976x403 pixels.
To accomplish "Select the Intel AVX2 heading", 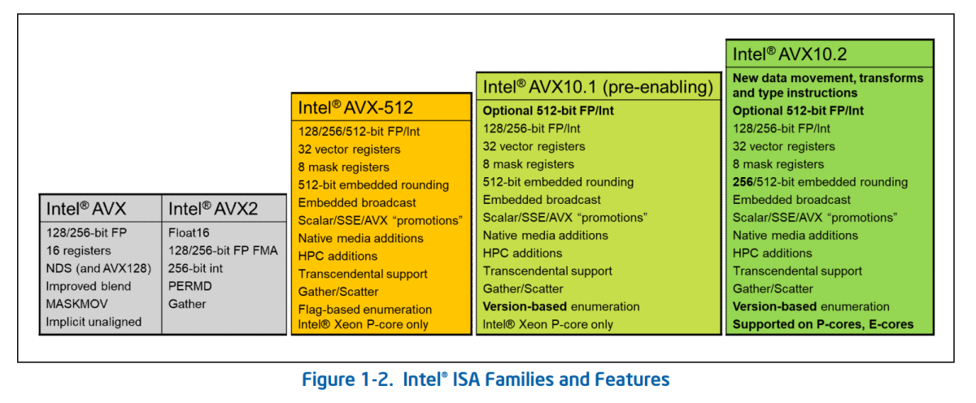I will tap(212, 209).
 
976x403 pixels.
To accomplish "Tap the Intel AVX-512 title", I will tap(355, 107).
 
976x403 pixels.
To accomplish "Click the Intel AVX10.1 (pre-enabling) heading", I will tap(598, 87).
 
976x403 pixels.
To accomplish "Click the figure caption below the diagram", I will tap(486, 379).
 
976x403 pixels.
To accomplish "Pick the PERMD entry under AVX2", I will tap(190, 286).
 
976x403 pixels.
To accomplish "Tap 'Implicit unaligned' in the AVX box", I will tap(94, 322).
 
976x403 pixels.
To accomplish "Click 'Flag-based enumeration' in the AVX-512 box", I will tap(364, 310).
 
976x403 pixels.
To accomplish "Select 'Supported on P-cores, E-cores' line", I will tap(823, 324).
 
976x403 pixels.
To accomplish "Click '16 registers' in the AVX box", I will tap(78, 250).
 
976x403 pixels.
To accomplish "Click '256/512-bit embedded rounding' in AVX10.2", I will tap(820, 182).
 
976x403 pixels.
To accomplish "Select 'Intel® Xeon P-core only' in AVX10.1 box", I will tap(548, 324).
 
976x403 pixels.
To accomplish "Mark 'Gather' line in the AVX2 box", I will tap(187, 304).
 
